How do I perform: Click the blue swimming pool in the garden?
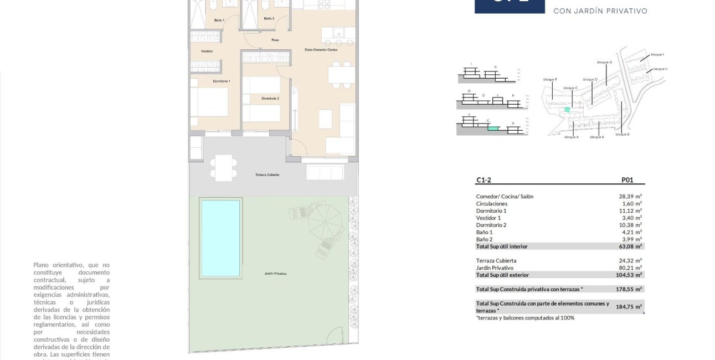(220, 238)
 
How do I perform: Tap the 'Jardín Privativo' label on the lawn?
(275, 274)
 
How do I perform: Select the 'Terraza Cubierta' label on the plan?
(267, 174)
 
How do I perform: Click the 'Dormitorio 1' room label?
(222, 81)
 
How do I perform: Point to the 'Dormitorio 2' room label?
(270, 99)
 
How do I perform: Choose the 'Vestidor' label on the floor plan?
(207, 51)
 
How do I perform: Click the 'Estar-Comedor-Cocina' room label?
(321, 50)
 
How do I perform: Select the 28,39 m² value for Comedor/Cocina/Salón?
(630, 197)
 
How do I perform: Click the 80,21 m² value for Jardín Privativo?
(630, 268)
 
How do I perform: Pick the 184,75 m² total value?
(629, 307)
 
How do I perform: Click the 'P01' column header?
(627, 180)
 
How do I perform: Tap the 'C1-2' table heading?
(483, 180)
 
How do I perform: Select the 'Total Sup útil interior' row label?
(502, 246)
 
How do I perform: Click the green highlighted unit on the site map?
(567, 110)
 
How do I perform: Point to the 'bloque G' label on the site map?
(604, 63)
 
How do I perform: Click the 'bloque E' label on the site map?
(621, 135)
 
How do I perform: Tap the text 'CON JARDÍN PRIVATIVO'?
(600, 11)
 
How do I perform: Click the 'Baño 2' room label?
(269, 18)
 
